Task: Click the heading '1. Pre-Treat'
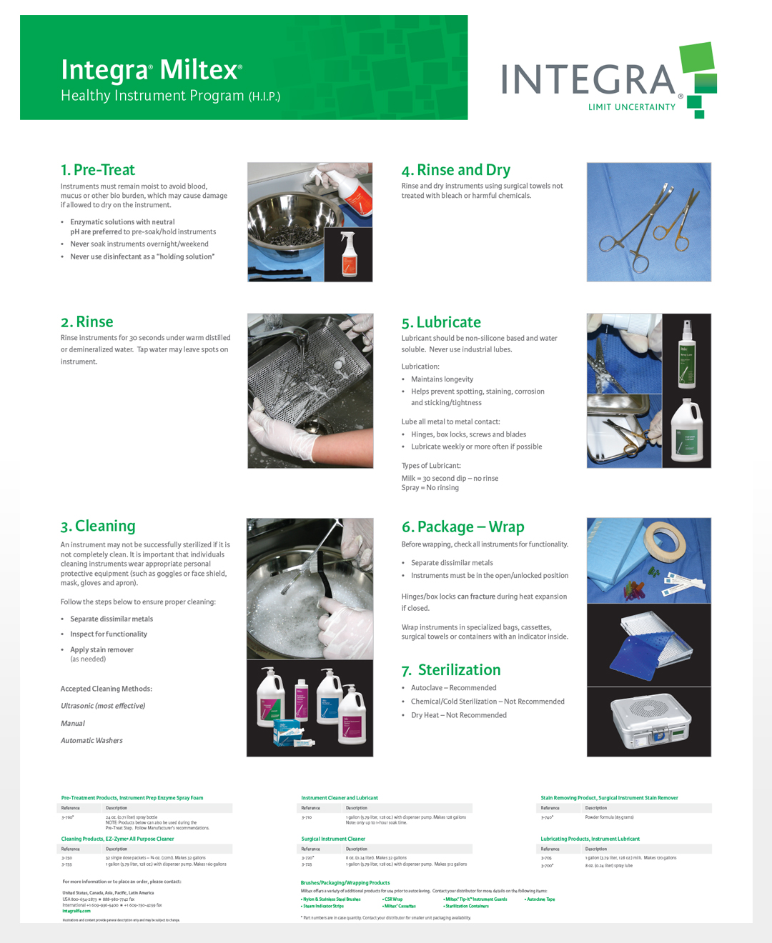pos(98,170)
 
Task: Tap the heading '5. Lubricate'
pos(441,322)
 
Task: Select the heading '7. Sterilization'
pos(451,670)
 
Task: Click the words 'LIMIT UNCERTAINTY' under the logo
pos(631,107)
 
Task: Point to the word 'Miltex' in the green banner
pos(199,70)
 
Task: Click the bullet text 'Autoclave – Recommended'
pos(453,688)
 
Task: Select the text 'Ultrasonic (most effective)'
pos(103,706)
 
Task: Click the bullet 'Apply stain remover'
pos(102,650)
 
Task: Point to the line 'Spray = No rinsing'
pos(430,488)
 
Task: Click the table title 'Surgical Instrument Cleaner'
pos(333,839)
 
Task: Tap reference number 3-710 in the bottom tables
pos(307,817)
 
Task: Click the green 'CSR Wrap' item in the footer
pos(393,899)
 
